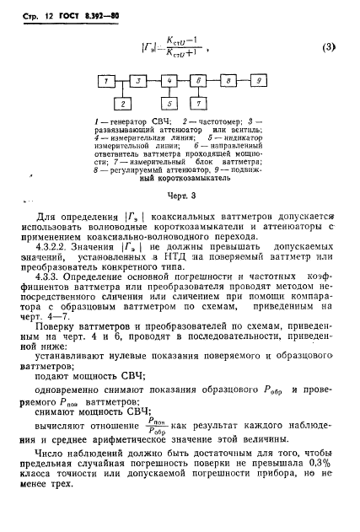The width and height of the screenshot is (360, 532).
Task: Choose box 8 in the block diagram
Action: tap(228, 81)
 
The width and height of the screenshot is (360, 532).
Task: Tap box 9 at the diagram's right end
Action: tap(259, 81)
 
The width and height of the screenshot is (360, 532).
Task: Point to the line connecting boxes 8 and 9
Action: tap(244, 81)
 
